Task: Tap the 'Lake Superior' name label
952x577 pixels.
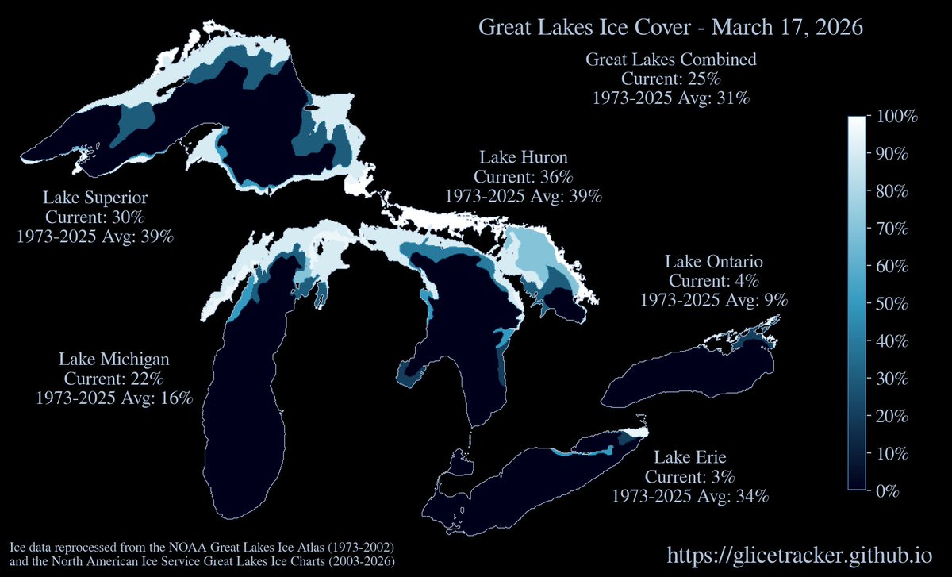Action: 95,198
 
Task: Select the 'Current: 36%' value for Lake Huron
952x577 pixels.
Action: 523,176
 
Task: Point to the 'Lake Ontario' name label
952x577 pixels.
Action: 714,261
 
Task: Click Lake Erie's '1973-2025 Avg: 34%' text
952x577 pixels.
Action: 690,496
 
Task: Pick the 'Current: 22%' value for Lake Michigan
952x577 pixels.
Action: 114,379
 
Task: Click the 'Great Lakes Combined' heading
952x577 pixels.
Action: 670,60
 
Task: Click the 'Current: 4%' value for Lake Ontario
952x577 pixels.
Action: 714,280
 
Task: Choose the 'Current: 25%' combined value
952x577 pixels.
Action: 670,79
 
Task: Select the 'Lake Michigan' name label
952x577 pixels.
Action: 114,359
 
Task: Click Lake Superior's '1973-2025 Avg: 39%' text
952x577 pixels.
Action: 95,237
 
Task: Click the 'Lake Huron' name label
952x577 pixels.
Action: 523,156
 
